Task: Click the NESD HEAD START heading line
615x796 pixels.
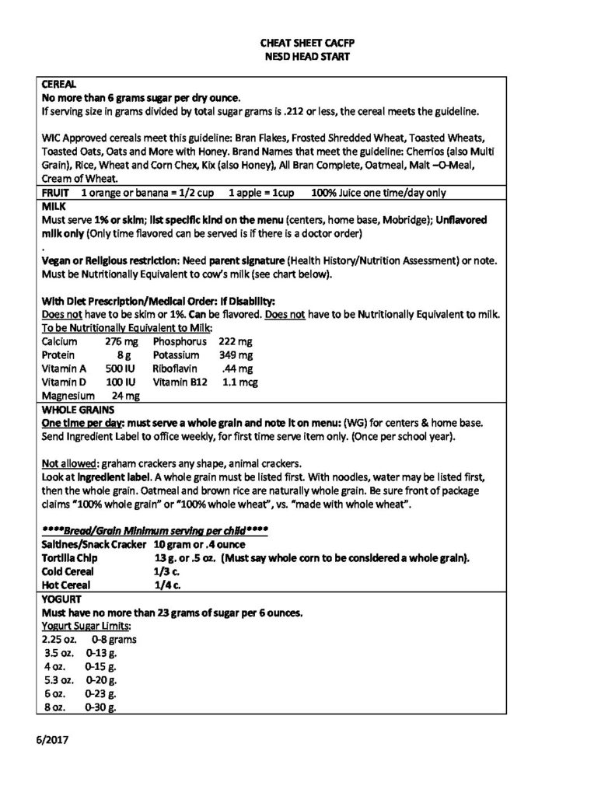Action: [x=309, y=57]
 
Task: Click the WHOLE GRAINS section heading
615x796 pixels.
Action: [x=78, y=408]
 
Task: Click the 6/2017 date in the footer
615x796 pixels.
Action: [x=53, y=741]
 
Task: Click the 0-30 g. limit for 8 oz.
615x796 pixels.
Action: [x=101, y=708]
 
